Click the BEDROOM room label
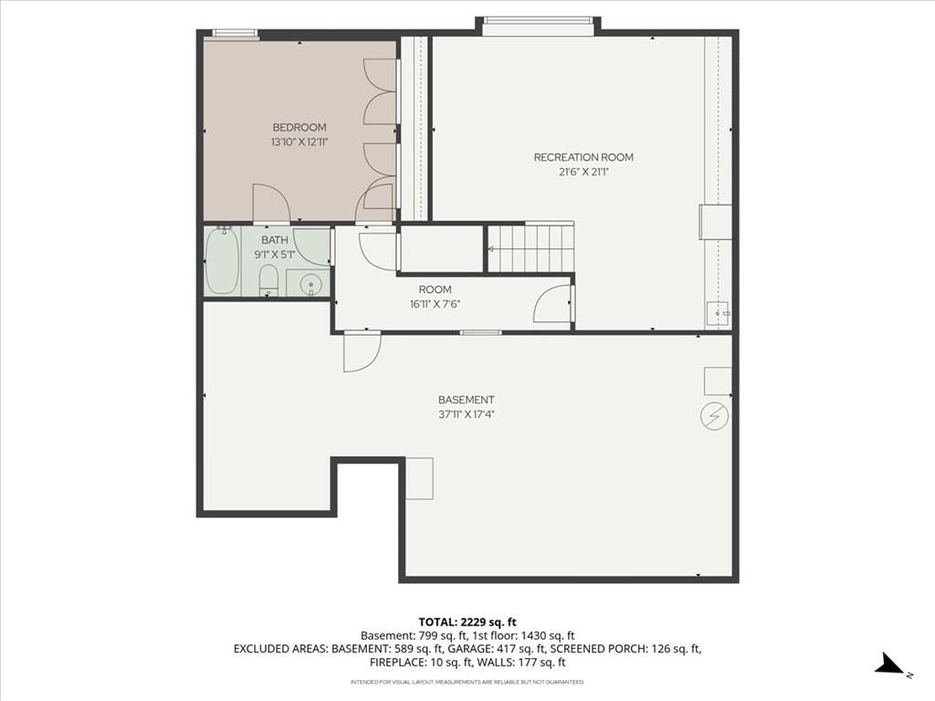click(299, 127)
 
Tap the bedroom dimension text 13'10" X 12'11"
click(299, 141)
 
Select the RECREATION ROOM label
click(583, 157)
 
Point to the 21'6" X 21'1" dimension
click(583, 173)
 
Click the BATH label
click(274, 240)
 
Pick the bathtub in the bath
click(223, 261)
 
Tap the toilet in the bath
click(268, 281)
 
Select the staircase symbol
click(531, 247)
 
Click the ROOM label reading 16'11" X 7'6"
click(436, 297)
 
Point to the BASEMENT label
click(467, 400)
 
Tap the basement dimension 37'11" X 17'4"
click(467, 415)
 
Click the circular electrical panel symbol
click(714, 416)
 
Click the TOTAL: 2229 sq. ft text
click(467, 623)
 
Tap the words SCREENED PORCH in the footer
click(596, 649)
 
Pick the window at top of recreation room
click(538, 21)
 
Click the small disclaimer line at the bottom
click(467, 682)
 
